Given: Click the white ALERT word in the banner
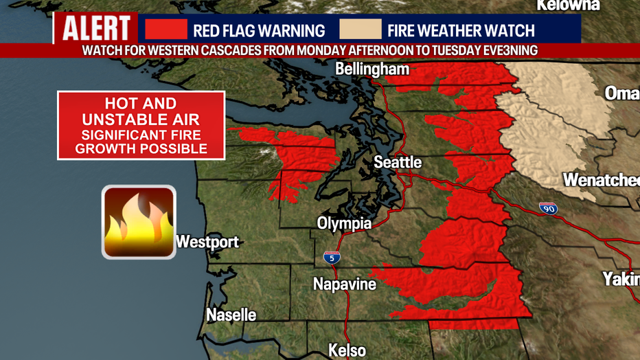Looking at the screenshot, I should tap(96, 29).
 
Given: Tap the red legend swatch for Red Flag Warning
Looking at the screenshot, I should tap(165, 29).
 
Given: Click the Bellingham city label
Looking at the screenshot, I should tap(372, 69).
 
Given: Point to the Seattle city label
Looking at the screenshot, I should tap(398, 162).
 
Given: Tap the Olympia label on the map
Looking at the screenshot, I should tap(344, 223).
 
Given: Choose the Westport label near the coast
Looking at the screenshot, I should tap(207, 242).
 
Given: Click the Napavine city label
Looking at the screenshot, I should tap(345, 284).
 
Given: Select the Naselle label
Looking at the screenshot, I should tap(231, 315).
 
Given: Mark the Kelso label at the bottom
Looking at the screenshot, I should tap(347, 350).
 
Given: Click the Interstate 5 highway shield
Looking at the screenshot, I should tap(332, 258).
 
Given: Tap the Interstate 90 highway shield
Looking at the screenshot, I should tap(548, 208).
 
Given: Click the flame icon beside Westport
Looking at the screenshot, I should tap(139, 222).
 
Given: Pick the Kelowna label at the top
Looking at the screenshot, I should tap(568, 5).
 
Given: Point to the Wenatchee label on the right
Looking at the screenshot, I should tap(601, 180).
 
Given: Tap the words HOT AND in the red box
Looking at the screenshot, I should tap(141, 104).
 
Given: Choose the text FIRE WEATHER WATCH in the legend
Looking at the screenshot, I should tap(461, 30).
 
